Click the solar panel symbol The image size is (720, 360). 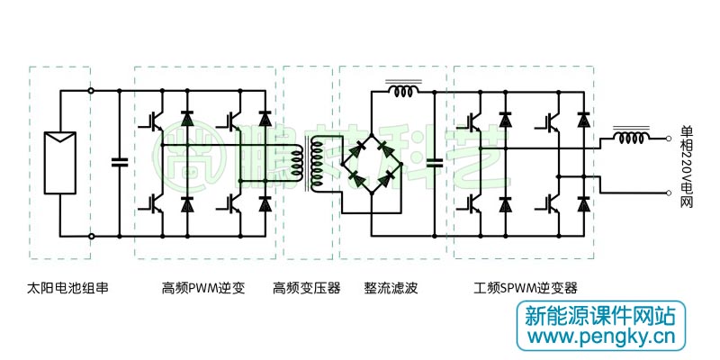[x=60, y=163]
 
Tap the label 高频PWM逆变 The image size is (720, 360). [x=203, y=290]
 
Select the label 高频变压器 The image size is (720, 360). [x=307, y=290]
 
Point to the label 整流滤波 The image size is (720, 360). [x=391, y=290]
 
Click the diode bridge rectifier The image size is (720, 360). [x=373, y=163]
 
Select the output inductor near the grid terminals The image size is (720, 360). [x=633, y=139]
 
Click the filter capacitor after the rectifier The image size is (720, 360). [x=436, y=163]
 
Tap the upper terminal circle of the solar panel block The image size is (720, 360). [x=92, y=90]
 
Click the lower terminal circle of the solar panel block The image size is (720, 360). [x=92, y=237]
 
